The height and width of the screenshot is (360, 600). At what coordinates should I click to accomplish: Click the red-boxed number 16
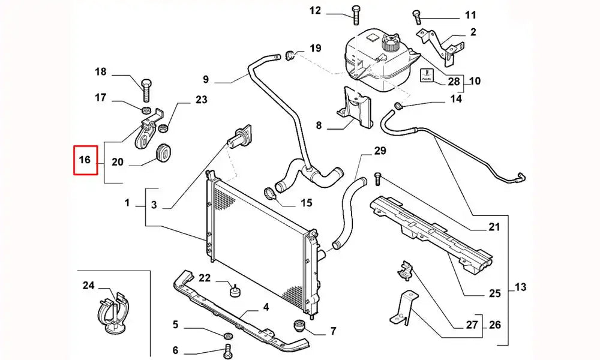[x=85, y=160]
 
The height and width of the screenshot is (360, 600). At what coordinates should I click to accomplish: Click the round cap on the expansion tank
[x=391, y=44]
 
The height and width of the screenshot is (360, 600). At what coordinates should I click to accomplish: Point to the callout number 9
[x=205, y=79]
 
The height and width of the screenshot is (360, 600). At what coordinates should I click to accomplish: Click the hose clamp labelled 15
[x=271, y=194]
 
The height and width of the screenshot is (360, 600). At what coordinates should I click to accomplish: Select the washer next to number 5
[x=228, y=334]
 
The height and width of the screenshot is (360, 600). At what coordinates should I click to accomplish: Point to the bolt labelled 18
[x=146, y=88]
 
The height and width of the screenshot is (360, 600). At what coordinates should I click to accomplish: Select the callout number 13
[x=520, y=287]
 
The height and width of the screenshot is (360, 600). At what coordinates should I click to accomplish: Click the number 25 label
[x=494, y=293]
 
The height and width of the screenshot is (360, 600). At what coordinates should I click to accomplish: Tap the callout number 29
[x=380, y=151]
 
